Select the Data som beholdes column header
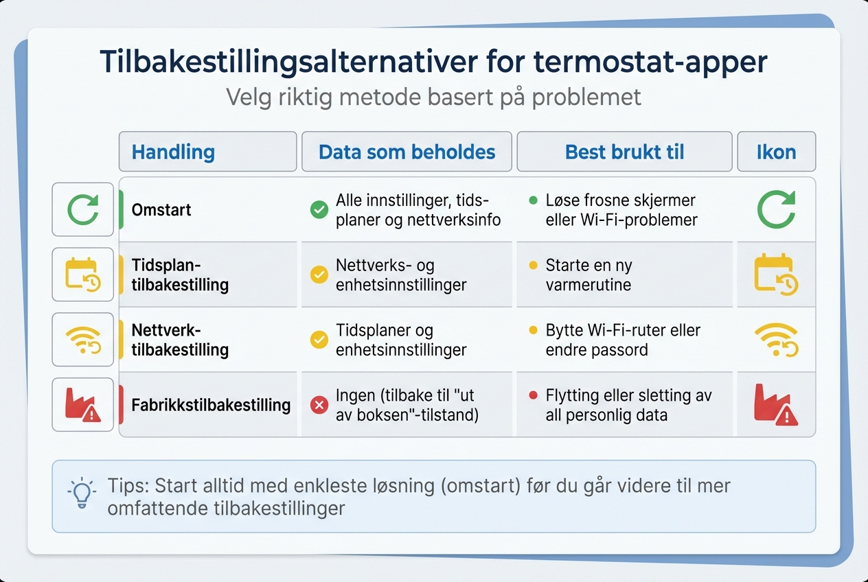tap(407, 152)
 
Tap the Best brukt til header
tap(624, 152)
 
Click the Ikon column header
tap(776, 152)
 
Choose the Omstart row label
tap(161, 210)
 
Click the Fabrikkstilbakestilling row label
tap(211, 405)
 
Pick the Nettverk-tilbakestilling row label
tap(180, 340)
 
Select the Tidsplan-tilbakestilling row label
tap(180, 275)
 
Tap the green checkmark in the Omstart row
tap(319, 210)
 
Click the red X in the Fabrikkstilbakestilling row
tap(319, 406)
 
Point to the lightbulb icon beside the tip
tap(82, 493)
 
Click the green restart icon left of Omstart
tap(83, 210)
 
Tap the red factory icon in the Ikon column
tap(775, 405)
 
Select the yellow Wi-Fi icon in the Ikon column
tap(775, 340)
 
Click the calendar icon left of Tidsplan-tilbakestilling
tap(83, 275)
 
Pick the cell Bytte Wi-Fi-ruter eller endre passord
tap(622, 340)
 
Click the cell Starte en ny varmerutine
tap(589, 275)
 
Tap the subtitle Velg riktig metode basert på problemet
tap(433, 97)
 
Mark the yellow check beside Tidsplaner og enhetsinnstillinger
tap(319, 340)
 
